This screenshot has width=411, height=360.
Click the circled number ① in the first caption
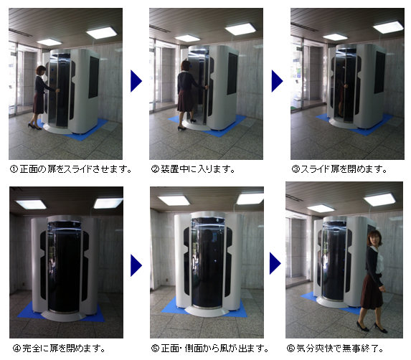click(x=14, y=169)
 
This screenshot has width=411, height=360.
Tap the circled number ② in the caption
click(x=155, y=169)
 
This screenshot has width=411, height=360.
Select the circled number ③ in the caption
click(x=296, y=169)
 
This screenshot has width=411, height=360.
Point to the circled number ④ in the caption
click(x=16, y=349)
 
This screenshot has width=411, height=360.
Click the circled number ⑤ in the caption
click(x=155, y=349)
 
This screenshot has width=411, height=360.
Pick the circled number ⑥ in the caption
click(x=290, y=349)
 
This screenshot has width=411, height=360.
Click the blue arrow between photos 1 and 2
click(x=136, y=81)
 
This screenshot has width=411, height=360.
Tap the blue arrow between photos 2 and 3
click(x=278, y=81)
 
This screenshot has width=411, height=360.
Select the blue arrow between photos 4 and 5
click(x=136, y=265)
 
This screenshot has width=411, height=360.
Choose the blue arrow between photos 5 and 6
click(x=275, y=263)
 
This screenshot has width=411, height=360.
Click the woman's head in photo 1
click(x=41, y=71)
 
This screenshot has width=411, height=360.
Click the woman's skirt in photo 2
click(x=185, y=101)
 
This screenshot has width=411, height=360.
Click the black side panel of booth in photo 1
click(x=93, y=77)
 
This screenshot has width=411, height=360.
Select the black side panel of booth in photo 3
click(x=379, y=72)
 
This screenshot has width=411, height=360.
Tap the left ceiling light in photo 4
click(x=31, y=204)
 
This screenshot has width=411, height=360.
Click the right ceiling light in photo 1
click(x=101, y=33)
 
